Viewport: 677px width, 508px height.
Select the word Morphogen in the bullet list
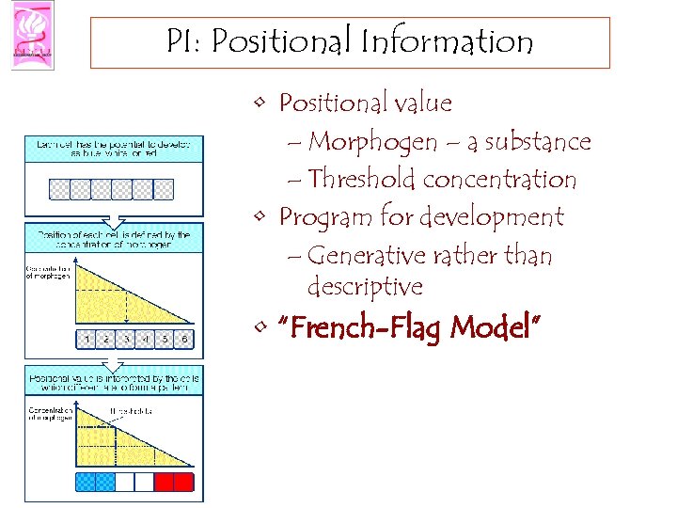pyautogui.click(x=372, y=143)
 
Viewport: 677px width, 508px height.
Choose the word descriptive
pyautogui.click(x=365, y=286)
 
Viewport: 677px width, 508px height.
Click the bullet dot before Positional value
pyautogui.click(x=260, y=103)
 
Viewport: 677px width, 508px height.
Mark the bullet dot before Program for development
pyautogui.click(x=260, y=217)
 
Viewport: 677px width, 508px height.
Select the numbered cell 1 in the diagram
pyautogui.click(x=86, y=339)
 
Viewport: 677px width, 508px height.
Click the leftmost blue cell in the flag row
pyautogui.click(x=86, y=483)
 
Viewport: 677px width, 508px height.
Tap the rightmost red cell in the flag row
pyautogui.click(x=184, y=483)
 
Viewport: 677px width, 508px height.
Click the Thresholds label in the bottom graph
pyautogui.click(x=127, y=411)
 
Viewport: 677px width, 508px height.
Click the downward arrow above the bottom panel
pyautogui.click(x=111, y=360)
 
